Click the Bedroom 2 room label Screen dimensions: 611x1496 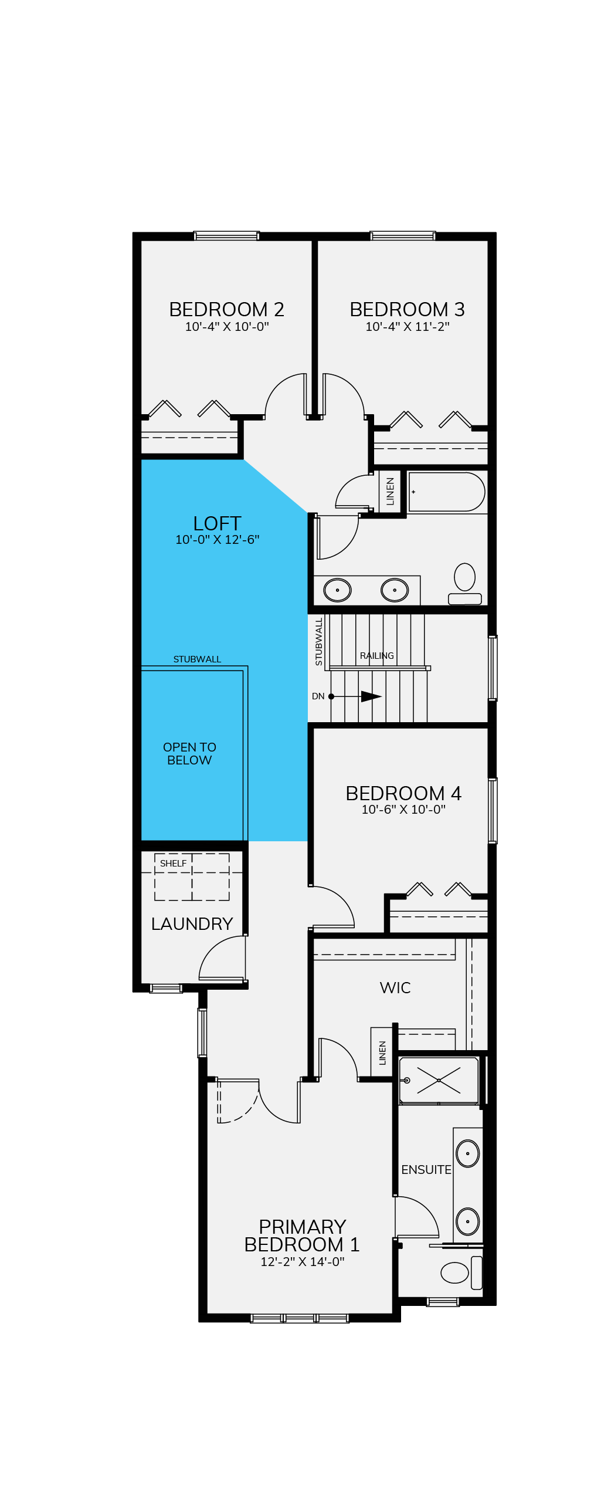coord(226,309)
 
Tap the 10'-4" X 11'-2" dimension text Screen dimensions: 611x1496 coord(408,327)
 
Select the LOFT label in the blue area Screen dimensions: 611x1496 coord(217,523)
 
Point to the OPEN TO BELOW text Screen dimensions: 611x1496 coord(189,753)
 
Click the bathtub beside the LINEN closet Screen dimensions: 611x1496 coord(447,492)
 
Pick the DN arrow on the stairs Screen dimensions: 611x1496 coord(357,696)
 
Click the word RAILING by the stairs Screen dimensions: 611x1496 coord(377,656)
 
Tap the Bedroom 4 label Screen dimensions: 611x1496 coord(403,793)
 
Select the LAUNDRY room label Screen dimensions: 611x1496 coord(192,924)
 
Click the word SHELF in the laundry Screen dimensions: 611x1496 coord(173,864)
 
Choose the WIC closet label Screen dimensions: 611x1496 coord(395,988)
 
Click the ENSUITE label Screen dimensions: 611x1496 coord(426,1170)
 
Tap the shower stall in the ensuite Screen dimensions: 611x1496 coord(439,1080)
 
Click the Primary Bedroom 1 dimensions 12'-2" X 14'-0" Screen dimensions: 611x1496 coord(303,1261)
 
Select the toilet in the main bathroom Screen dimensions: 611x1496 coord(465,584)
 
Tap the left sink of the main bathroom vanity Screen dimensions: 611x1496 coord(338,590)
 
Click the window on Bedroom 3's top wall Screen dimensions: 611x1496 coord(403,236)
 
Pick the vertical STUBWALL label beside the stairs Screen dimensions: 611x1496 coord(319,642)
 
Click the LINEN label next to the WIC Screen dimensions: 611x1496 coord(382,1053)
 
